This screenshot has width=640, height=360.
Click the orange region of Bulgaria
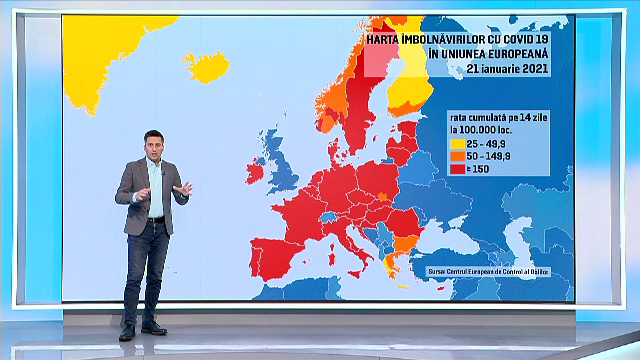point(406,243)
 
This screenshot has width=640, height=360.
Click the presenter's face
point(153,147)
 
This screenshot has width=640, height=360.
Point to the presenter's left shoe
point(154,328)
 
